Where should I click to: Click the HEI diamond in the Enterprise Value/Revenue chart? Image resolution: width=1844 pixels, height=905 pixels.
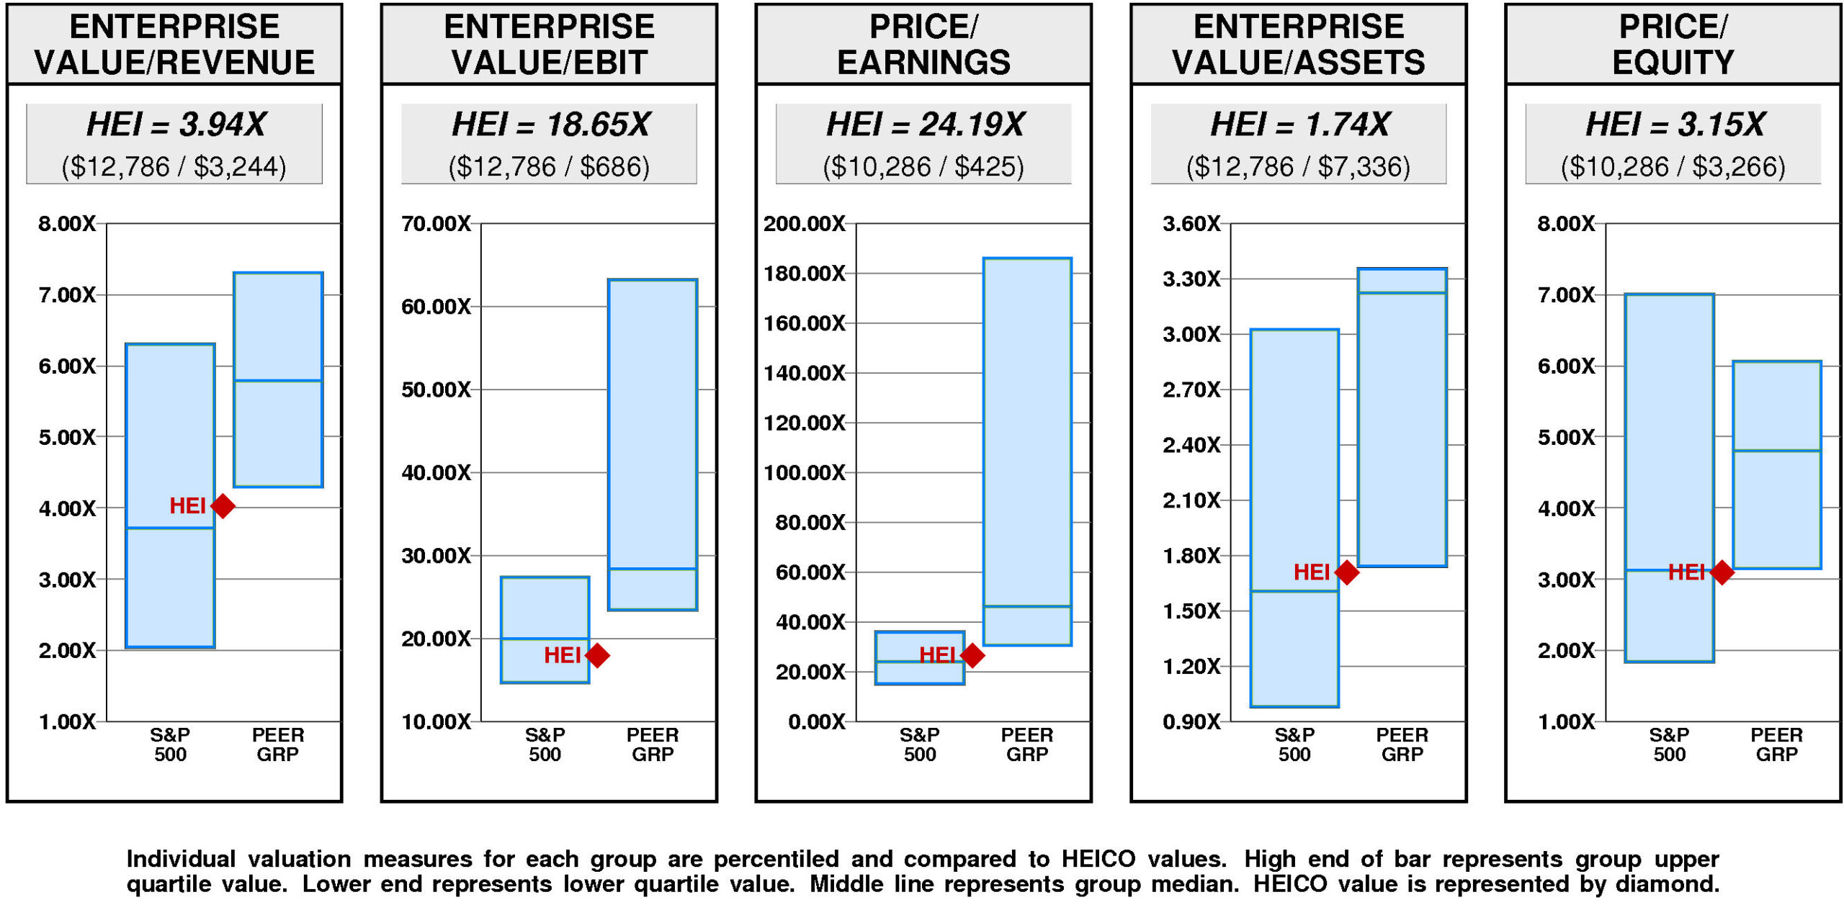223,506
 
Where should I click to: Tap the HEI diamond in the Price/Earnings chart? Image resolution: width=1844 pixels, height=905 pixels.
972,655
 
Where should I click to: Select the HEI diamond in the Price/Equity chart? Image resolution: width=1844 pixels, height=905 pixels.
1722,572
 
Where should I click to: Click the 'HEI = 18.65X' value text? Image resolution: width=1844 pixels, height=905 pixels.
550,124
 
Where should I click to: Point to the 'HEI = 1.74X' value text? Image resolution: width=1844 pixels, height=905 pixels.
1299,124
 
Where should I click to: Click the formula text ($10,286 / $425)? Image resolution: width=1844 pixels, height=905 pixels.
923,167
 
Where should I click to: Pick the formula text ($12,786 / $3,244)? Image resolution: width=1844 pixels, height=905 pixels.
174,167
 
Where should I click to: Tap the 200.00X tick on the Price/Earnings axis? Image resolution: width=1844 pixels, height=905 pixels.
804,224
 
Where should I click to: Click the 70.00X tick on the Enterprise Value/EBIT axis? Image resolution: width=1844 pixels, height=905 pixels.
436,224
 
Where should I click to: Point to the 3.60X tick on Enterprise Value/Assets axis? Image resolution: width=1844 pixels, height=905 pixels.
1191,224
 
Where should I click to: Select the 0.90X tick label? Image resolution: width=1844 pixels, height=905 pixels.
1191,721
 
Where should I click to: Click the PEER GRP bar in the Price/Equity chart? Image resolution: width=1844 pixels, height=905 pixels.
1776,465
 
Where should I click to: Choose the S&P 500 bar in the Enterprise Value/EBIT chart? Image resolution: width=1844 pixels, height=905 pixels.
545,629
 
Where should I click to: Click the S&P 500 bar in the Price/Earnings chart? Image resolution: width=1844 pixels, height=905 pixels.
920,657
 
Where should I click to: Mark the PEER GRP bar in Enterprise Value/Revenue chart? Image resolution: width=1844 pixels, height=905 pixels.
278,379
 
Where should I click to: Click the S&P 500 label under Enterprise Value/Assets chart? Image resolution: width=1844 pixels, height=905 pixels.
1294,744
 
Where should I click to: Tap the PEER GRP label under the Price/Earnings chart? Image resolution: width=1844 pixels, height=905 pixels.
1027,744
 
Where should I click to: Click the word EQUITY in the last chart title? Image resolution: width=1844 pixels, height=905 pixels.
1673,63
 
